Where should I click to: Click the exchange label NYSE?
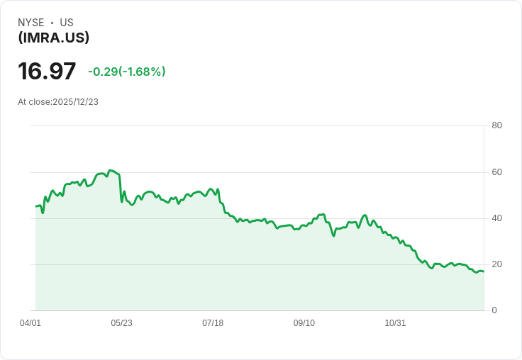(31, 23)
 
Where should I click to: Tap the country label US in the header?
(67, 23)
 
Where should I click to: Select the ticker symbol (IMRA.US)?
(54, 38)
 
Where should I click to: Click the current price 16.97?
(47, 71)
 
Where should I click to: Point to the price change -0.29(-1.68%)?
(127, 72)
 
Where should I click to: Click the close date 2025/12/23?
(76, 102)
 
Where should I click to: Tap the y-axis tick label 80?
(496, 125)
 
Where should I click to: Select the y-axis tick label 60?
(496, 172)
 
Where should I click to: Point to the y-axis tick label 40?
(496, 218)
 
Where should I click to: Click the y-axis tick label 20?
(496, 264)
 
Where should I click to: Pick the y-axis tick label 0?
(494, 310)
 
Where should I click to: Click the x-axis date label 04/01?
(30, 323)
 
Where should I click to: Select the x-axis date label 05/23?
(121, 323)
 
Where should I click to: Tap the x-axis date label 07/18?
(213, 323)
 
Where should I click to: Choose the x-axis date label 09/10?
(304, 323)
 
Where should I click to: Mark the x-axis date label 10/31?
(395, 323)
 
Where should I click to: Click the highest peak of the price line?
(111, 170)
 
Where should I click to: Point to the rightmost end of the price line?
(484, 271)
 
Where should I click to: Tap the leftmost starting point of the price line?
(36, 206)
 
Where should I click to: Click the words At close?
(34, 102)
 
